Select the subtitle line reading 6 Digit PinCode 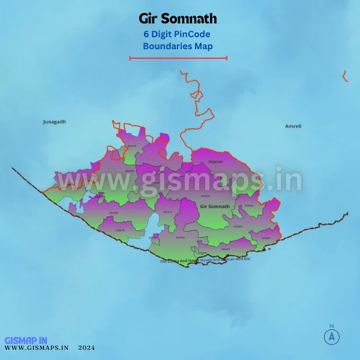point(176,34)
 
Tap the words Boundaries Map point(178,46)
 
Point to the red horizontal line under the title point(178,58)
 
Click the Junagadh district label point(54,122)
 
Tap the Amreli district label point(293,127)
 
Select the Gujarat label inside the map point(215,162)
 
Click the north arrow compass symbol point(331,336)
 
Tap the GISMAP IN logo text point(26,340)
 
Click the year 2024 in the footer point(86,347)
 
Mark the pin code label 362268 point(113,213)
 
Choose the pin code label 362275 point(120,230)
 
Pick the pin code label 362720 point(180,238)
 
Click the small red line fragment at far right point(345,76)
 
